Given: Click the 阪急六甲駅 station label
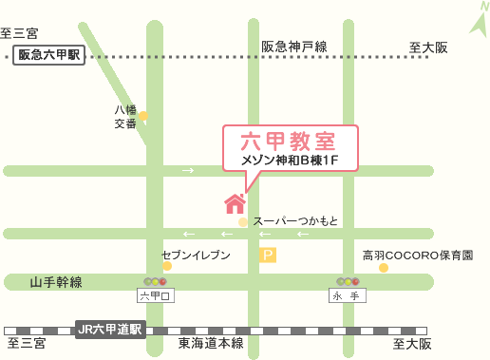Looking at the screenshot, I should pyautogui.click(x=49, y=56).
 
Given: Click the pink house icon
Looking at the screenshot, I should pyautogui.click(x=234, y=202).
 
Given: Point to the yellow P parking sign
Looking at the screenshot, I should pyautogui.click(x=268, y=254).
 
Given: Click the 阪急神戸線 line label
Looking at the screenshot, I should pyautogui.click(x=294, y=47).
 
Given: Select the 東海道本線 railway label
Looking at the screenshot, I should pyautogui.click(x=211, y=343).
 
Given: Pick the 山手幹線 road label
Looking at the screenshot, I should pyautogui.click(x=56, y=281).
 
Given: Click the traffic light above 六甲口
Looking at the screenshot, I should pyautogui.click(x=154, y=281).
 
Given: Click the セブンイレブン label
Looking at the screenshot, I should pyautogui.click(x=197, y=256).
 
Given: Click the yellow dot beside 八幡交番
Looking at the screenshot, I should pyautogui.click(x=143, y=116).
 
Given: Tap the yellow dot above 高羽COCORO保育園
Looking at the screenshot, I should pyautogui.click(x=384, y=269).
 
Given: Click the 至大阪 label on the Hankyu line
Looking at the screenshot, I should pyautogui.click(x=428, y=47).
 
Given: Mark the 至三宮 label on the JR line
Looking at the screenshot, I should pyautogui.click(x=26, y=343).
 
